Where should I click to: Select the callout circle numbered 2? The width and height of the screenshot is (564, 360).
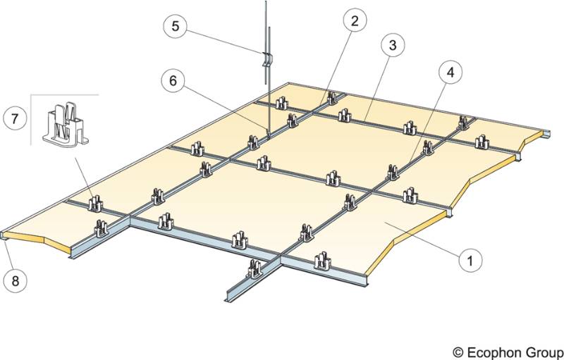[355, 20]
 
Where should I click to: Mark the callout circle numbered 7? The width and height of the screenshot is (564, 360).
[15, 118]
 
